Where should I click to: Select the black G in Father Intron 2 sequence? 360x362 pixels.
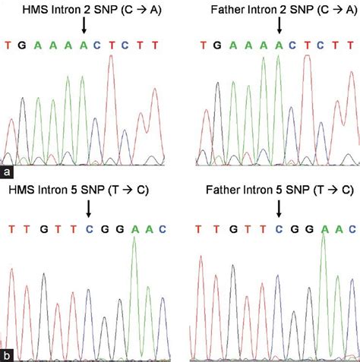[220, 46]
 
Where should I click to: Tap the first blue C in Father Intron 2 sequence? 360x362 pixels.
[292, 46]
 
